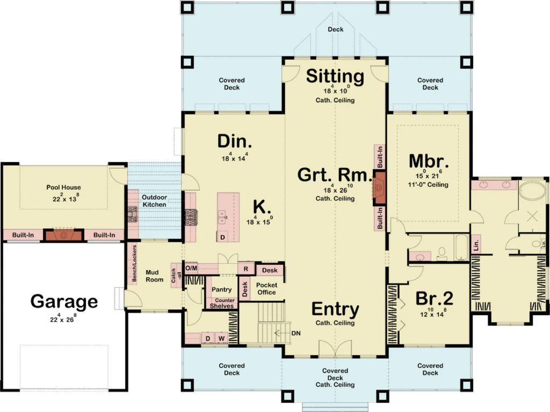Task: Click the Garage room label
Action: [64, 301]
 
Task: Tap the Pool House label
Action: [63, 187]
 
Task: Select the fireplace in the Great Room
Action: [380, 188]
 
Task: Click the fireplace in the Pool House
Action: [64, 235]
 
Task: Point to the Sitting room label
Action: [335, 76]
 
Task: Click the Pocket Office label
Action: [266, 288]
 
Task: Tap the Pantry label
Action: [221, 290]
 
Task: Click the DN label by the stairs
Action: [296, 333]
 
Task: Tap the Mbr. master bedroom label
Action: [429, 161]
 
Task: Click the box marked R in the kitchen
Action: [245, 268]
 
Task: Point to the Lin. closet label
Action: [476, 245]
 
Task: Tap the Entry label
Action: [335, 309]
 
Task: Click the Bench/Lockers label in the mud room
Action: [134, 264]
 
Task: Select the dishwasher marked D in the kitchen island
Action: [222, 236]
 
